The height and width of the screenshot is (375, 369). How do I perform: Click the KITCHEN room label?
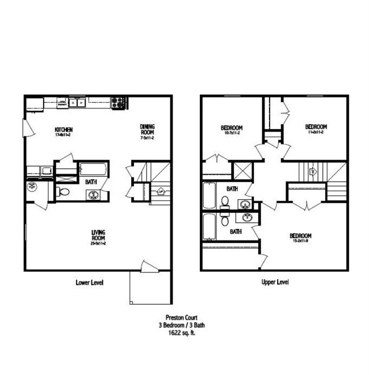64,129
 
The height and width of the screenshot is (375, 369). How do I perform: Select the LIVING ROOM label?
99,235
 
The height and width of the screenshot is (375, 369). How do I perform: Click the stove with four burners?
118,103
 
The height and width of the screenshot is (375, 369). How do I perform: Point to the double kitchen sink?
77,103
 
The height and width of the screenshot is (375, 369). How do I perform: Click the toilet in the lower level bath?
63,192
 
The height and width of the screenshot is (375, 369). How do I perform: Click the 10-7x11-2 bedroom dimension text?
232,133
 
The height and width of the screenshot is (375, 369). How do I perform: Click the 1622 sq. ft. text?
179,334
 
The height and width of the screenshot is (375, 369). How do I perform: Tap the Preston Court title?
179,319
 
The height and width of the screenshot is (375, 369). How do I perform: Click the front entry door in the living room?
149,267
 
